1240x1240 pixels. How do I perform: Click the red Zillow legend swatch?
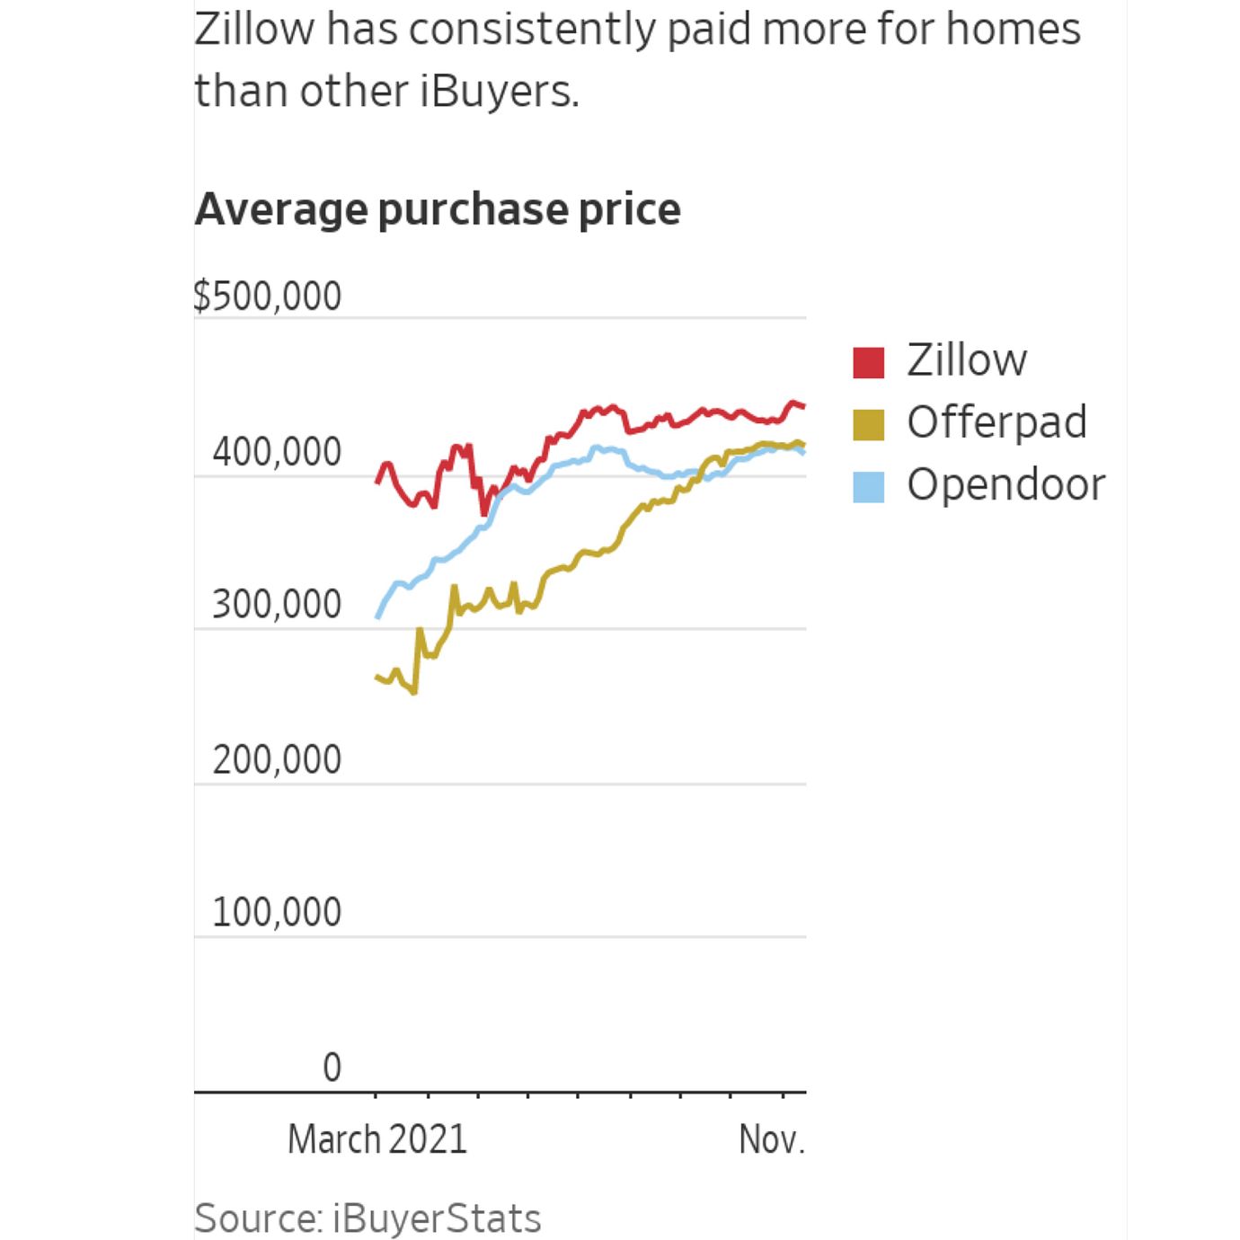868,362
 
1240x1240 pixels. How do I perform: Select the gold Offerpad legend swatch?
868,424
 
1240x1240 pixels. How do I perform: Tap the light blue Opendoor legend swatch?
868,486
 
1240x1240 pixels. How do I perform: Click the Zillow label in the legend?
966,360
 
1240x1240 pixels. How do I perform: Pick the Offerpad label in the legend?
996,422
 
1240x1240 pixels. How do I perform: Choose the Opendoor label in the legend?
1005,484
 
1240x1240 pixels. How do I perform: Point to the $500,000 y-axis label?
268,296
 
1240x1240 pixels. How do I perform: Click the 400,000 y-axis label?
277,451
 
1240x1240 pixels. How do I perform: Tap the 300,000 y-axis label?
277,604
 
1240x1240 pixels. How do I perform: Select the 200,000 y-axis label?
277,759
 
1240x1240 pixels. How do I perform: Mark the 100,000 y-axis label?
277,912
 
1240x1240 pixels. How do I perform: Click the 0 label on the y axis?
332,1067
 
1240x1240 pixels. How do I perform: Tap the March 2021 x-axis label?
377,1139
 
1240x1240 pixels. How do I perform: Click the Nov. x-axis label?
772,1139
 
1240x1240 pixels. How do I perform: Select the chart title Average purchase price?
438,209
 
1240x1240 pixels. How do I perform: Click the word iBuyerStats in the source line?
437,1218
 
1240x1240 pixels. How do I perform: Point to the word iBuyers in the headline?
499,91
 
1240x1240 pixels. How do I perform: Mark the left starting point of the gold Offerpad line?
376,676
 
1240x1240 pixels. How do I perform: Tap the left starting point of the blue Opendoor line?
377,617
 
